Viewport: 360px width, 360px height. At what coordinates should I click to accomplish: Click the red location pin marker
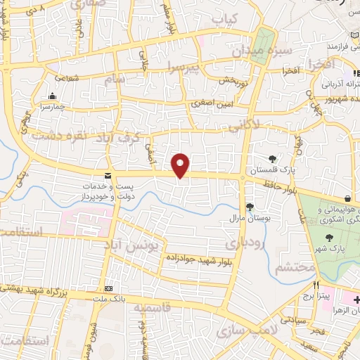point(181,165)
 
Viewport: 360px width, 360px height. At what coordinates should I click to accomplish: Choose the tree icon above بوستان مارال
point(250,207)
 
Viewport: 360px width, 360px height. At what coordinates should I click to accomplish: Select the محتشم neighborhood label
point(291,267)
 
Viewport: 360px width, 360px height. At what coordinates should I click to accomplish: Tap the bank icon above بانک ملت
point(108,289)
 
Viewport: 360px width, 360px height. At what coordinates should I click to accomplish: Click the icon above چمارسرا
point(51,97)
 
